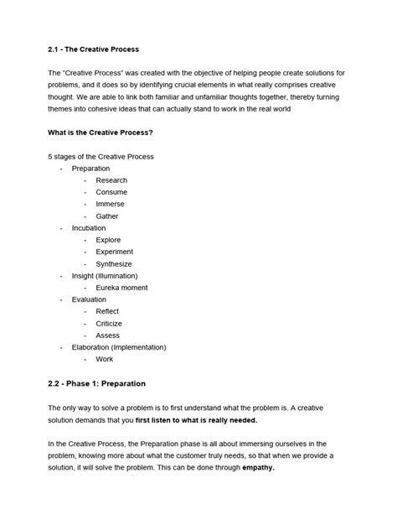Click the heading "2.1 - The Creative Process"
click(x=94, y=49)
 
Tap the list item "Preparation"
click(x=90, y=169)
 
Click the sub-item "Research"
click(x=111, y=180)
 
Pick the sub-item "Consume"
click(x=111, y=192)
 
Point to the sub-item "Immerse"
click(x=111, y=204)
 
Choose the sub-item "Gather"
click(x=107, y=216)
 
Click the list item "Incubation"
click(x=89, y=228)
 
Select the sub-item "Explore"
click(x=109, y=240)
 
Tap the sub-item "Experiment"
click(x=115, y=252)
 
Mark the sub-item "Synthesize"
click(x=114, y=263)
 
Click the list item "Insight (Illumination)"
click(x=105, y=276)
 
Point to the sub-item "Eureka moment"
click(x=122, y=288)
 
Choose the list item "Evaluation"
click(x=89, y=299)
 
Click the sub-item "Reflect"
click(x=108, y=311)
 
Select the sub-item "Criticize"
click(x=109, y=323)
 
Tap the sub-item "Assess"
click(x=107, y=335)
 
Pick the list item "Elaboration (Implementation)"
click(x=119, y=347)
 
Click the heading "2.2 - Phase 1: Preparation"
click(x=97, y=383)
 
